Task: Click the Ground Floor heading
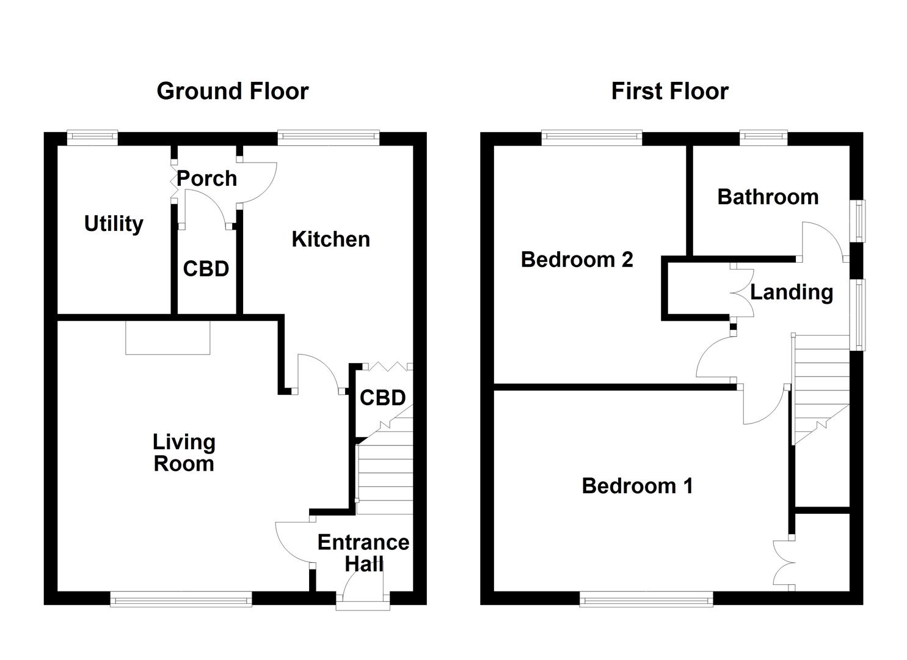(x=232, y=91)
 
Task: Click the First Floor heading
(x=669, y=91)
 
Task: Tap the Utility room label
(x=114, y=224)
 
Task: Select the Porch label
(x=207, y=178)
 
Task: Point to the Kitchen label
(x=330, y=239)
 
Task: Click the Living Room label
(x=183, y=452)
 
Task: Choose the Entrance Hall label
(x=363, y=553)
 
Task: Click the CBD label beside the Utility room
(x=206, y=269)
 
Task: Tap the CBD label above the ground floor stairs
(x=382, y=398)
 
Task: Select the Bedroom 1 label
(x=637, y=486)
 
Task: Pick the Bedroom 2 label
(x=577, y=260)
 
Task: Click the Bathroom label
(x=768, y=197)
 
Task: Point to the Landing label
(x=791, y=292)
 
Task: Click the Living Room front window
(x=181, y=599)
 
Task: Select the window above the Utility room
(x=92, y=138)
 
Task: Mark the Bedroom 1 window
(x=646, y=599)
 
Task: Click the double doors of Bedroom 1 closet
(x=783, y=563)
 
